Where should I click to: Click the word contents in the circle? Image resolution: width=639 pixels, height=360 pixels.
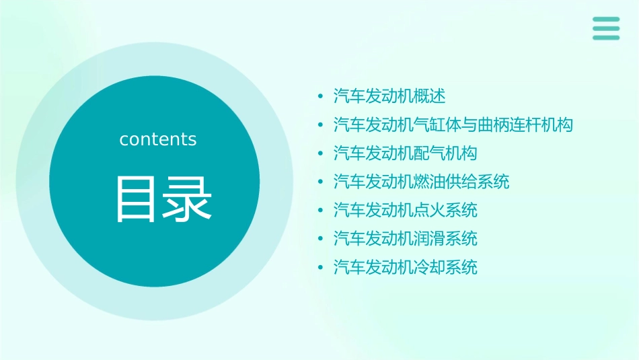(x=158, y=139)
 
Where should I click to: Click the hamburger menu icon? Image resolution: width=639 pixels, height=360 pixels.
(x=606, y=28)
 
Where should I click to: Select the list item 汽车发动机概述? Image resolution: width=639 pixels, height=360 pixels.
(x=389, y=96)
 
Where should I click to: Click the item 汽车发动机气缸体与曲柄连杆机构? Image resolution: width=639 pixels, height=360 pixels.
(x=453, y=124)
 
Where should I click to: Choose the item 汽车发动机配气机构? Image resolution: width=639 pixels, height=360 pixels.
(x=405, y=153)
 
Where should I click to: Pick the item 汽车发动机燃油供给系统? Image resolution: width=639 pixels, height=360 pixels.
(x=421, y=182)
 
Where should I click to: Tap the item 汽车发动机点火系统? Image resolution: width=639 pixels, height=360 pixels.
(x=405, y=211)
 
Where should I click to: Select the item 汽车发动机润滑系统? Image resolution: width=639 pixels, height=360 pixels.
(x=405, y=239)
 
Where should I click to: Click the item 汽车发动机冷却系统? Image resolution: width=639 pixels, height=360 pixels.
(x=405, y=268)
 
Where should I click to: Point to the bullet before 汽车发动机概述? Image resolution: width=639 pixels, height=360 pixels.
(x=320, y=97)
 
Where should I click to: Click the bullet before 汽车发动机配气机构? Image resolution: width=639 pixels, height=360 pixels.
(x=320, y=154)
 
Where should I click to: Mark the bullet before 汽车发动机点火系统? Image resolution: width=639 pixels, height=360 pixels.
(x=320, y=211)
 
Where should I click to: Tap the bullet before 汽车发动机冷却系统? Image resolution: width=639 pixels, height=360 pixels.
(x=320, y=268)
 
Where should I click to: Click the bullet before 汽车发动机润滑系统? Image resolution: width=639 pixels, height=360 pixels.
(x=320, y=240)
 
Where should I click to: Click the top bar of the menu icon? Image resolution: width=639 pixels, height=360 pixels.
(x=606, y=20)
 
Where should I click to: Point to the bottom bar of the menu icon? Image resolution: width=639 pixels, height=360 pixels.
(x=606, y=38)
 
